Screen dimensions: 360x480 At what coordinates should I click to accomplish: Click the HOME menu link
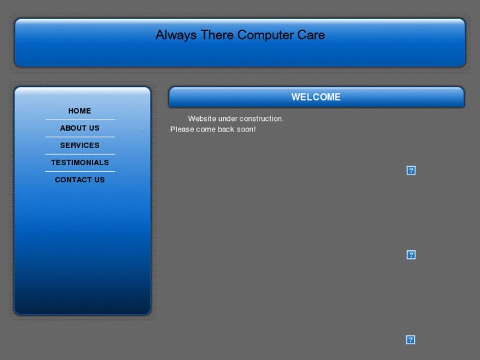click(80, 111)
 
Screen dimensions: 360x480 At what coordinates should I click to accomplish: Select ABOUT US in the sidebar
click(80, 128)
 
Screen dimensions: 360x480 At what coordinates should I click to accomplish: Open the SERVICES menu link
click(80, 145)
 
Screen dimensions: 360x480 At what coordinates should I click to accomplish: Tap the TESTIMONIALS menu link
click(80, 162)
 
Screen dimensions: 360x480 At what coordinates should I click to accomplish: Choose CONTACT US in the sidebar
click(80, 180)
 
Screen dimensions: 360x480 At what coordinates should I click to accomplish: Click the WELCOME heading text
click(316, 97)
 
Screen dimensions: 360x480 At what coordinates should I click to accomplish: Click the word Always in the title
click(176, 35)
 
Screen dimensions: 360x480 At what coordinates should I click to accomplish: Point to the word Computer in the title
click(265, 35)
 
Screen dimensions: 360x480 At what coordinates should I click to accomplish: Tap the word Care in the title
click(311, 35)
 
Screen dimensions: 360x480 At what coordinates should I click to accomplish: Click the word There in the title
click(217, 35)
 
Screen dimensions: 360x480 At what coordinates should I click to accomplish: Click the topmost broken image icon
click(411, 170)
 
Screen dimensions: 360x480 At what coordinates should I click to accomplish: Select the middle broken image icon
click(411, 255)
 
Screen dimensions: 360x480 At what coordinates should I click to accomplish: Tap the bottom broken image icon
click(411, 340)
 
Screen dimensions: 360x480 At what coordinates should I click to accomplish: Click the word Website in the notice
click(202, 119)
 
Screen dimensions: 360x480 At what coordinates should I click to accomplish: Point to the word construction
click(261, 119)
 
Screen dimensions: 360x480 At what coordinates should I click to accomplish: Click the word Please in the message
click(182, 129)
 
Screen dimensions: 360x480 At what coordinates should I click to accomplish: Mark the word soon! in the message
click(246, 129)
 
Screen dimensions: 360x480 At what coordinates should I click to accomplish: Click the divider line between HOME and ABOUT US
click(80, 120)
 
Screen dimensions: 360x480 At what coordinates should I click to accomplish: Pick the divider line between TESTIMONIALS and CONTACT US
click(80, 171)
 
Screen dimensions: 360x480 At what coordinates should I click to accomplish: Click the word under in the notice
click(228, 119)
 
